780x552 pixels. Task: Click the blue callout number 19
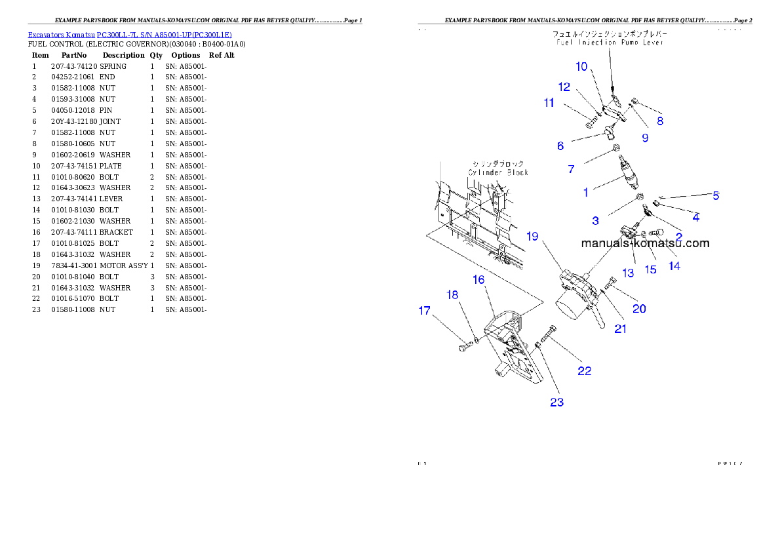(x=532, y=236)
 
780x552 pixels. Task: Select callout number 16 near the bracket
(x=478, y=280)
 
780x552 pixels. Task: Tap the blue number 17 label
(x=425, y=310)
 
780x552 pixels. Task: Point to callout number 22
(x=584, y=371)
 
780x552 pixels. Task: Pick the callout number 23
(x=556, y=403)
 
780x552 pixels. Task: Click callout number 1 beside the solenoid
(x=586, y=193)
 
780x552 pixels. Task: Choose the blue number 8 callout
(x=660, y=121)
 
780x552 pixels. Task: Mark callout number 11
(x=549, y=102)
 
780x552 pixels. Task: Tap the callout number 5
(x=716, y=195)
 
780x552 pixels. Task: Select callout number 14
(x=674, y=266)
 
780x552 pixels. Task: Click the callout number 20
(x=639, y=309)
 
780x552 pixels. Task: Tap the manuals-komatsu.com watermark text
(x=645, y=243)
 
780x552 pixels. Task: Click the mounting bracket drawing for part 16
(x=511, y=347)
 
